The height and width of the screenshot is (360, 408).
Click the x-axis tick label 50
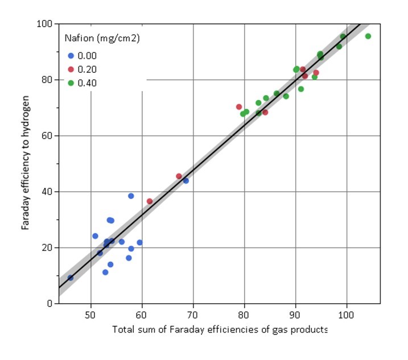90,313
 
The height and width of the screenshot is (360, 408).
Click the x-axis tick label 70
193,313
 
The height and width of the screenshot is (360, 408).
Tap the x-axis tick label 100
347,313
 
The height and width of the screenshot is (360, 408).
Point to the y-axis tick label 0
50,304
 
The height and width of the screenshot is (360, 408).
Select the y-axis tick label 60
48,136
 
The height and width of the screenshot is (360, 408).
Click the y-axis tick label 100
46,24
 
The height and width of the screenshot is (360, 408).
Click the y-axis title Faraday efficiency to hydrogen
26,164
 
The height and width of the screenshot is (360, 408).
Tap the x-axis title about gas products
220,330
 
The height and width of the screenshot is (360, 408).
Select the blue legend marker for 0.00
71,56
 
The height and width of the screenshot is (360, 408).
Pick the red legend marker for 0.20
71,69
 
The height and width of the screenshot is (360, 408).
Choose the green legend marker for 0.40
71,83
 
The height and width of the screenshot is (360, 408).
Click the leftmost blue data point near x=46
71,278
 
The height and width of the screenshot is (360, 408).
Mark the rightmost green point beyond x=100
368,36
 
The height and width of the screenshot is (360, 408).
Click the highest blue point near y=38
131,196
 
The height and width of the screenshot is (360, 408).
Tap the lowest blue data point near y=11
105,272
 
